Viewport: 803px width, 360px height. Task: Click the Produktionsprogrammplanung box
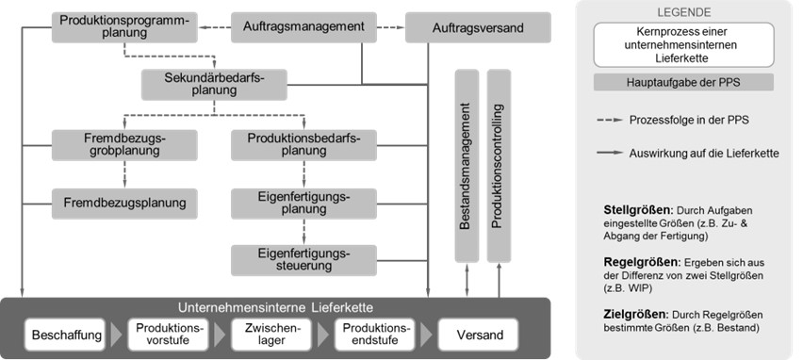click(123, 26)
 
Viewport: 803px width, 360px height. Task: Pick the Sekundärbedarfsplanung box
click(213, 85)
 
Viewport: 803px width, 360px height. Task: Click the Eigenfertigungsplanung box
click(303, 201)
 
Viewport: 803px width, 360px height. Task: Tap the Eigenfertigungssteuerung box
click(303, 259)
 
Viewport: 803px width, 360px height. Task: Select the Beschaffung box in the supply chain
click(60, 335)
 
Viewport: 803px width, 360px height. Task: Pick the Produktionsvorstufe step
click(166, 335)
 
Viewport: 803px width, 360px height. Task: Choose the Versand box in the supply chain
click(479, 335)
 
